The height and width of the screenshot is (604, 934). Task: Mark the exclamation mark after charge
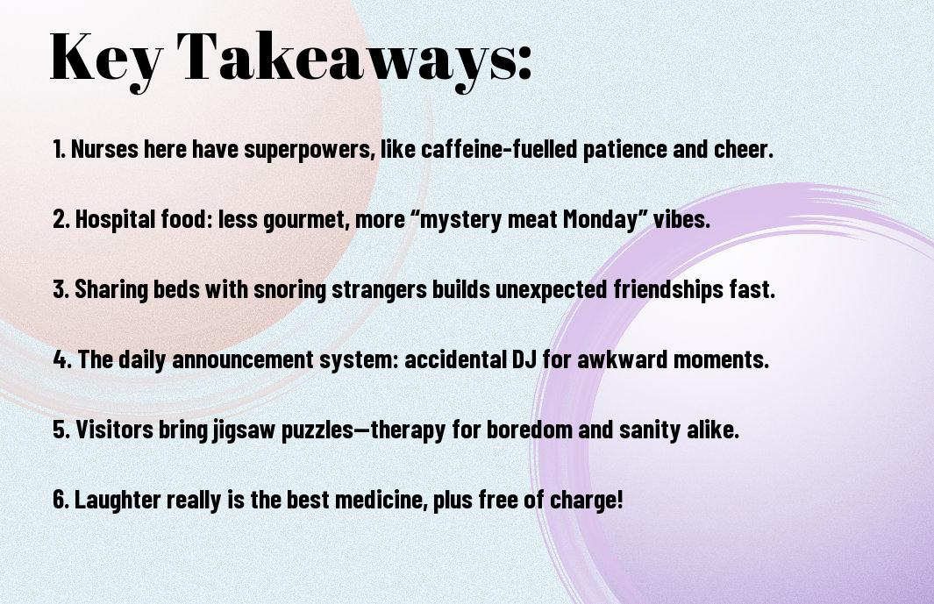(619, 499)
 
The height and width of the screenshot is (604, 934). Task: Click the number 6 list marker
(61, 500)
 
